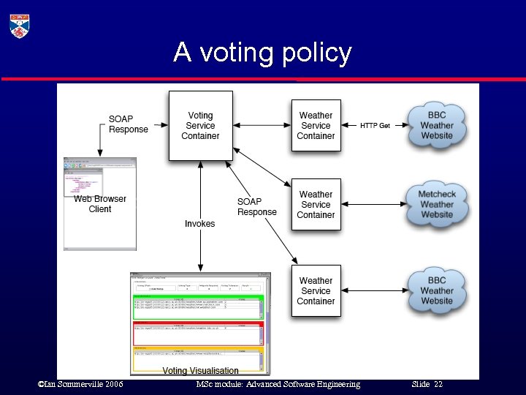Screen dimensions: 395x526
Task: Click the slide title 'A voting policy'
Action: pos(262,53)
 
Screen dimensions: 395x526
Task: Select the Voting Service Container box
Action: pos(200,125)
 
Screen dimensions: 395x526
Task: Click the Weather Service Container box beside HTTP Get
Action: pos(316,125)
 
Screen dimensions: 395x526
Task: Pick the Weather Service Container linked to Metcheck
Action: pos(316,204)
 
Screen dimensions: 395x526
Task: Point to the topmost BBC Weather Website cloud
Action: pos(437,125)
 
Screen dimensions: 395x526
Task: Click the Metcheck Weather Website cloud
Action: pos(437,204)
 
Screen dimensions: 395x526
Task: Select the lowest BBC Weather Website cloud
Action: pos(437,290)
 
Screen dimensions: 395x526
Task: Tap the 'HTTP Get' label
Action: pos(375,126)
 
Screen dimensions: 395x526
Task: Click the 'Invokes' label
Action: pos(199,224)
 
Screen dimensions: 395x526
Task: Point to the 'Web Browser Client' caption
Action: pos(100,203)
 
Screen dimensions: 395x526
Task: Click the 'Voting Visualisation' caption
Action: pos(200,371)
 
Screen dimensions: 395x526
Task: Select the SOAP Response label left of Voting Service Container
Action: pos(128,124)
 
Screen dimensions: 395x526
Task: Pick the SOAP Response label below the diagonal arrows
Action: pos(256,207)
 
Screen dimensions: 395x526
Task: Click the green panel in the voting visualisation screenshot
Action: pos(198,307)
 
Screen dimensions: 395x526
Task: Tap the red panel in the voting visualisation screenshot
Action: pos(198,334)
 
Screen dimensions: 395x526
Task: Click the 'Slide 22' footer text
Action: pos(427,385)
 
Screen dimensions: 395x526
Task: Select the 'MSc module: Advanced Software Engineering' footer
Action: pos(278,385)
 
